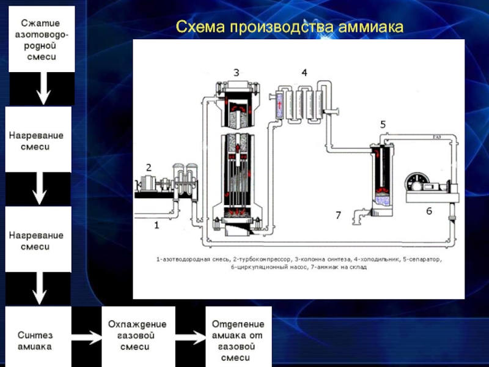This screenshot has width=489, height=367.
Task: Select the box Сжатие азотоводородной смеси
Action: [x=42, y=38]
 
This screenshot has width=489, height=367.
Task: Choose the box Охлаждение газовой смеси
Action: [x=137, y=335]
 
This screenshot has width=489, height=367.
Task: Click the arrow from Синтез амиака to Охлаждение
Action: [x=86, y=336]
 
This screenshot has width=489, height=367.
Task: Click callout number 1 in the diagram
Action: [x=156, y=225]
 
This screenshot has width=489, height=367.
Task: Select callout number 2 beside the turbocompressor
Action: [x=148, y=167]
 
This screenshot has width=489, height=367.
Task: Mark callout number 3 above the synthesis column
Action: [x=237, y=72]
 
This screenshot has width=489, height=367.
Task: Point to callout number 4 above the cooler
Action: [x=304, y=72]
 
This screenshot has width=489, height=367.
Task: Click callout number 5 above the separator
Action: [x=383, y=124]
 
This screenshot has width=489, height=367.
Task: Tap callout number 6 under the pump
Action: [x=429, y=210]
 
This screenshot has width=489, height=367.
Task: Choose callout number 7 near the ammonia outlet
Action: [x=337, y=215]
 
